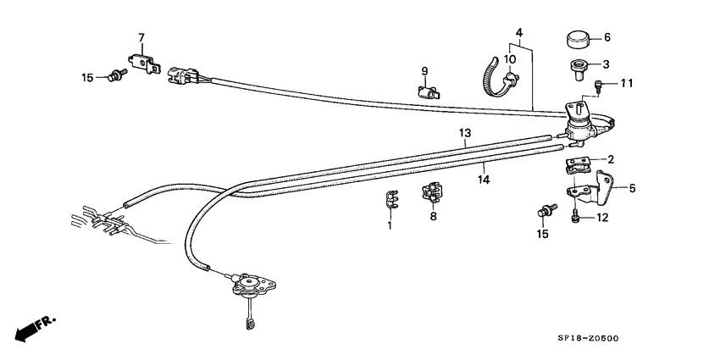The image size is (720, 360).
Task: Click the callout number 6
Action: (x=607, y=37)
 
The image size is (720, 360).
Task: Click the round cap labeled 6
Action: (x=577, y=40)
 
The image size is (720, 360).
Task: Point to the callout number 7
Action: (x=141, y=37)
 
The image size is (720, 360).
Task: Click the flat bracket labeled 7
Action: (x=144, y=64)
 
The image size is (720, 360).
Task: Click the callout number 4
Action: (x=519, y=33)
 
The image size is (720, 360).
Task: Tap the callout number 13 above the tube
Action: (x=465, y=133)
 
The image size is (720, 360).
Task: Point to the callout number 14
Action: (x=484, y=180)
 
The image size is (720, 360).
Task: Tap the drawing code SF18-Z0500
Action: (x=588, y=339)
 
